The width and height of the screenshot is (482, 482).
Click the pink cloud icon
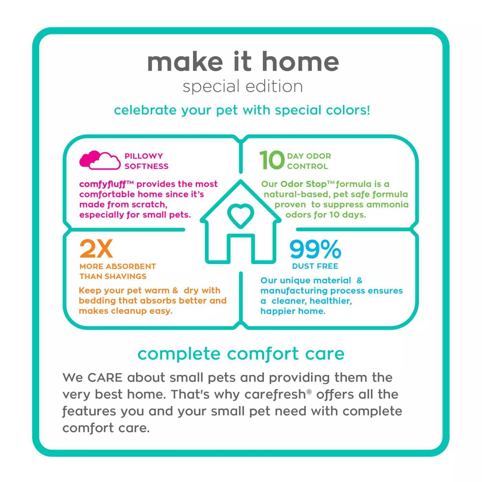coord(100,160)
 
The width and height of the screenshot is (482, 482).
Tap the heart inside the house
coord(240,216)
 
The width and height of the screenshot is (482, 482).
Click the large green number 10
coord(272,160)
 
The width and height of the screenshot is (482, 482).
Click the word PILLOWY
coord(144,156)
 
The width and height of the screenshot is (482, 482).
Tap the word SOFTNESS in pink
coord(147,166)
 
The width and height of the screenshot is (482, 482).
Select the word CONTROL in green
coord(307,166)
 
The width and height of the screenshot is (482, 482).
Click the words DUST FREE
coord(315,266)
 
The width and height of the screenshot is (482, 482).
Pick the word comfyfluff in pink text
coord(102,185)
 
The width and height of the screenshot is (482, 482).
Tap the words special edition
coord(243,86)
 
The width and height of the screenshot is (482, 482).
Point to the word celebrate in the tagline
coord(145,110)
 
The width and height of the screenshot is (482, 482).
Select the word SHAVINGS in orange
coord(125,276)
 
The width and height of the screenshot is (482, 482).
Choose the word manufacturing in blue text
coord(294,291)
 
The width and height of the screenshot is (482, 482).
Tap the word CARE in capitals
coord(105,378)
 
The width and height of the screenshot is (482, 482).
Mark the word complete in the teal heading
coord(179,354)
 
